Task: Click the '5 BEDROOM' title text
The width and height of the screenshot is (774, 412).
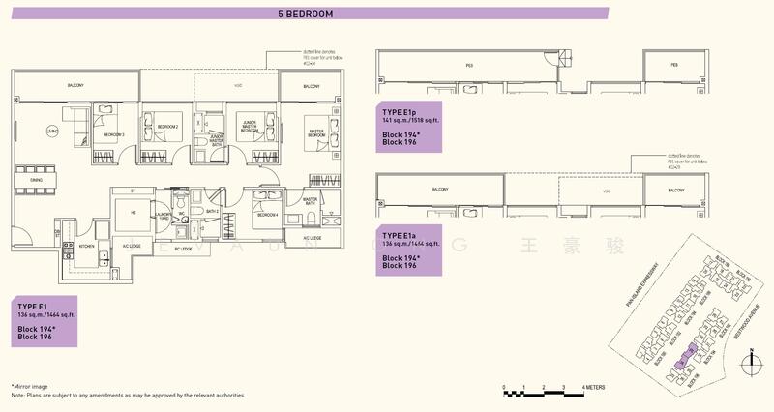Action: click(x=305, y=14)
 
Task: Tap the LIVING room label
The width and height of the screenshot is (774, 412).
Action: click(x=56, y=129)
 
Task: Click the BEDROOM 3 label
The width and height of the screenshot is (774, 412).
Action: click(x=113, y=134)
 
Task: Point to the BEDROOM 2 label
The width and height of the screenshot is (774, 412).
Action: click(x=168, y=127)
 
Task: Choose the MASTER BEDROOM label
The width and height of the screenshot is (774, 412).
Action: click(x=315, y=134)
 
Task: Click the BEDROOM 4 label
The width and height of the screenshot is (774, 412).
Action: click(x=267, y=215)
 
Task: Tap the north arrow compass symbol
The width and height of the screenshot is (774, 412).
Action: click(x=751, y=363)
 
